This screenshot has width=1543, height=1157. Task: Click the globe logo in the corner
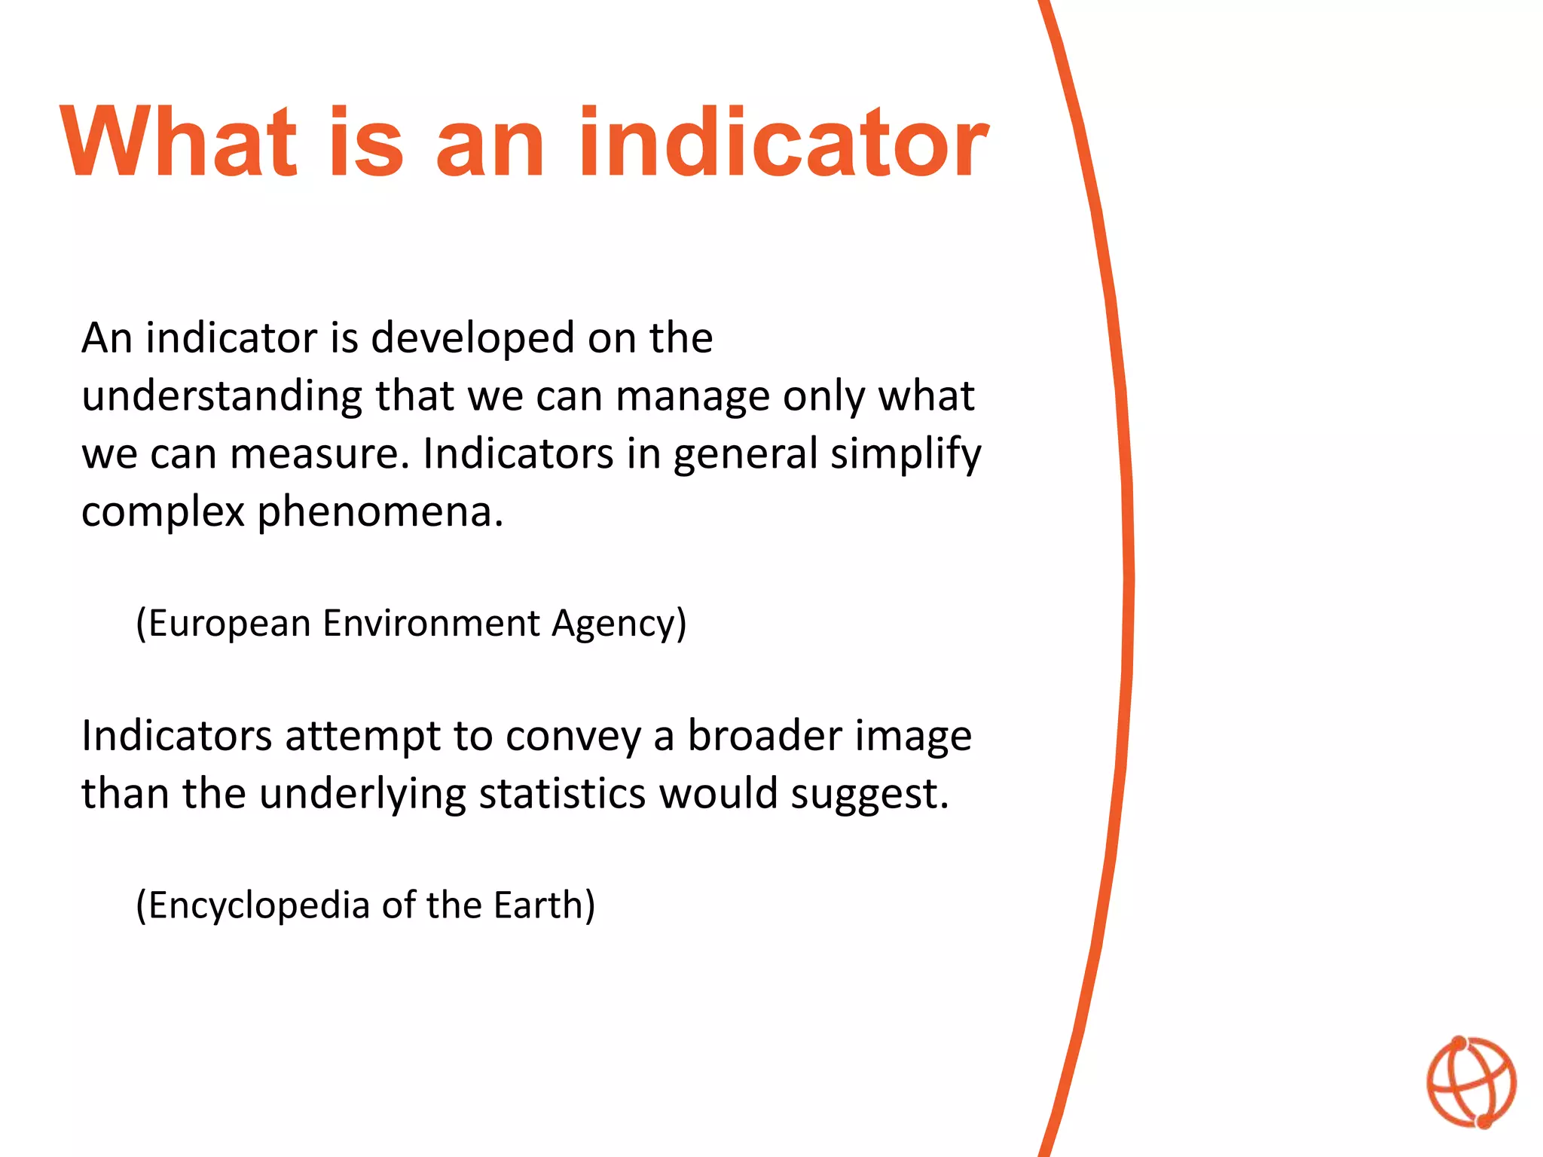tap(1471, 1082)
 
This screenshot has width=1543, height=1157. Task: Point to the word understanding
tap(222, 397)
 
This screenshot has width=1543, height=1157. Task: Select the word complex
tap(163, 513)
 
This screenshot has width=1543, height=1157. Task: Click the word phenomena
tap(380, 513)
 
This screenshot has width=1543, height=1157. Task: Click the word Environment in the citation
tap(432, 624)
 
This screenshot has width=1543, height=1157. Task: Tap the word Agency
tap(618, 624)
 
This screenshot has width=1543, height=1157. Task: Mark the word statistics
tap(562, 794)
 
